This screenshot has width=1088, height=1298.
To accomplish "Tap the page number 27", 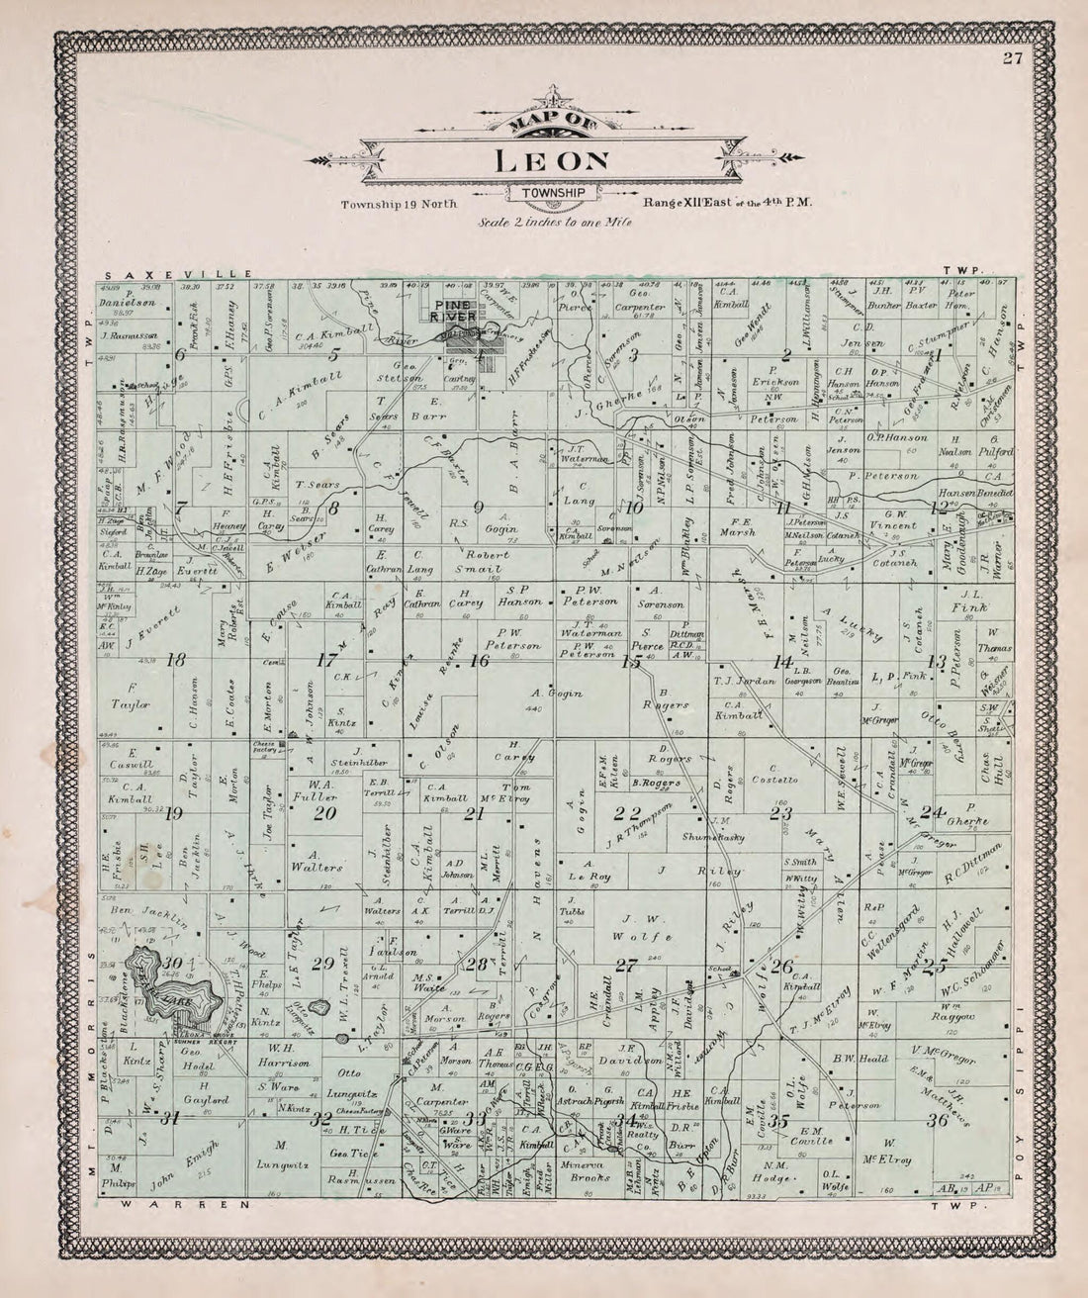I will coord(1011,57).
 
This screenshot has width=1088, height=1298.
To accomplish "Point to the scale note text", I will coord(554,223).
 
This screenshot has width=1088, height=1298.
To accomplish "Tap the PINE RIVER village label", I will coord(453,311).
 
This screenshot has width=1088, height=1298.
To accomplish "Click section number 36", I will coord(937,1120).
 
